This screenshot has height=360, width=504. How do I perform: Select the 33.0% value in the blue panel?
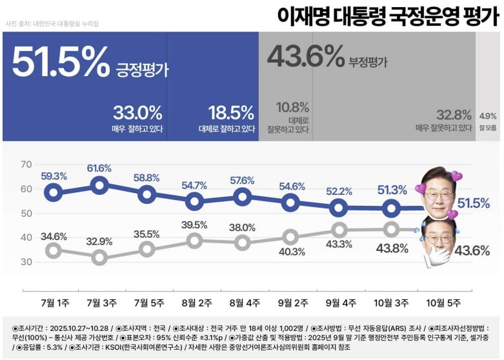137,113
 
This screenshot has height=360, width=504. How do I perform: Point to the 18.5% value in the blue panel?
231,113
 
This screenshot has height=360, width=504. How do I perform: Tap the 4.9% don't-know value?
488,116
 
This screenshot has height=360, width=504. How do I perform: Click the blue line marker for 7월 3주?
99,186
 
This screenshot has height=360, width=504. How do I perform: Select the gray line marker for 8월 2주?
194,241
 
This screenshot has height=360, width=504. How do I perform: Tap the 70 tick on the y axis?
26,165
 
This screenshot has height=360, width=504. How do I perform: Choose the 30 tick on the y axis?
26,261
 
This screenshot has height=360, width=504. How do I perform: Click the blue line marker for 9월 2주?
290,203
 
